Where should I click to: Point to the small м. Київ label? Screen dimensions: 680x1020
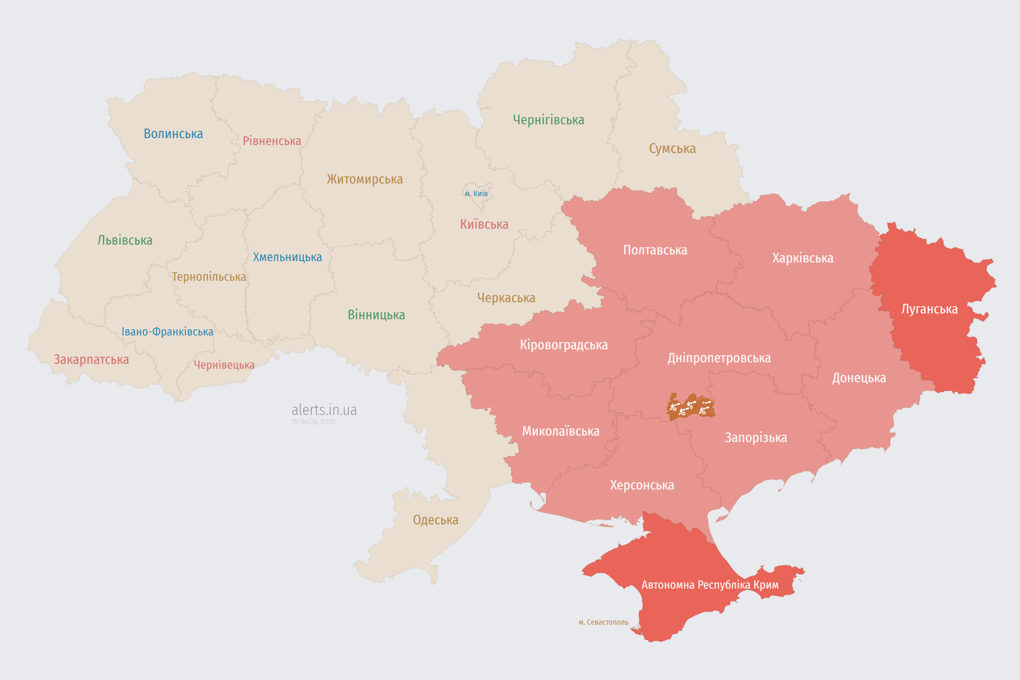click(476, 193)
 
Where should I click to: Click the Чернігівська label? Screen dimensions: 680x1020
click(548, 120)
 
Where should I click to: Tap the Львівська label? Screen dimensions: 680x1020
click(125, 240)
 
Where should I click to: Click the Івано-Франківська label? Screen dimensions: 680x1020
click(167, 332)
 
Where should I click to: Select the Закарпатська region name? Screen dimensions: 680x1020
click(91, 359)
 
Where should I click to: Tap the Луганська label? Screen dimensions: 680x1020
click(929, 309)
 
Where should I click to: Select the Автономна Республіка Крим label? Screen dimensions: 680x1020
click(710, 585)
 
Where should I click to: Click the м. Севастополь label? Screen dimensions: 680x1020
click(603, 622)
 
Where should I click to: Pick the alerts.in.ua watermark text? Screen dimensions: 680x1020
click(324, 410)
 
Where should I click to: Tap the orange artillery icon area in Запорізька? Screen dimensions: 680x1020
click(690, 407)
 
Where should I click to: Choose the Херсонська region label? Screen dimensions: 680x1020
click(642, 485)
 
